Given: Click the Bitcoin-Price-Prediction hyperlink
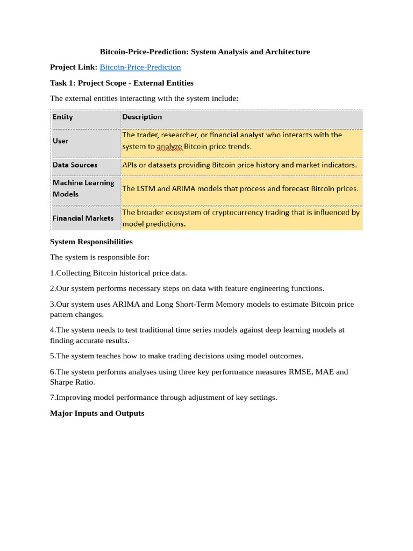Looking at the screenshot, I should click(140, 67).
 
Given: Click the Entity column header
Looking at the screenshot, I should click(63, 117).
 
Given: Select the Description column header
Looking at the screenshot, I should click(142, 117).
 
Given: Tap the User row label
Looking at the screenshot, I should click(61, 140).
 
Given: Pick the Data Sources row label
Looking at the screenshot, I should click(75, 165).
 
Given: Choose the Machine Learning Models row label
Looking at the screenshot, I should click(83, 188).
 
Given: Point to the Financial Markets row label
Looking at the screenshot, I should click(83, 218).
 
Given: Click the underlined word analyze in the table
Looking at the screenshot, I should click(168, 146).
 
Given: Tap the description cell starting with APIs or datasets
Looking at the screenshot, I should click(239, 165).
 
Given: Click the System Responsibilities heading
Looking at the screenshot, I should click(91, 242).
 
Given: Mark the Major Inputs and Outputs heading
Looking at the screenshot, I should click(97, 413).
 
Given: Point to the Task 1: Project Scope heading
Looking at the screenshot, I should click(122, 83).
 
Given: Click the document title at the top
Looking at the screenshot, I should click(205, 52).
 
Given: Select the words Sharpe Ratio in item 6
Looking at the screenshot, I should click(72, 382).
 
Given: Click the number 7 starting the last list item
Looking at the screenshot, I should click(52, 398).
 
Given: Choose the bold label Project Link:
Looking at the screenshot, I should click(74, 67).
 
